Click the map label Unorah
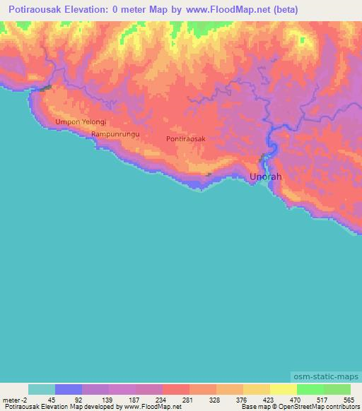click(266, 177)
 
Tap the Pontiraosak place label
click(186, 139)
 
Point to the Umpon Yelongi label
click(81, 121)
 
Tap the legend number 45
click(52, 399)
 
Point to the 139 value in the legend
click(106, 399)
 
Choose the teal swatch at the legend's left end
click(41, 389)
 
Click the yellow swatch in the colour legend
click(283, 389)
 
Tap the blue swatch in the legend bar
click(69, 389)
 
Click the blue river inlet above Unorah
click(267, 160)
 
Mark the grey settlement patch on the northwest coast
click(47, 88)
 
